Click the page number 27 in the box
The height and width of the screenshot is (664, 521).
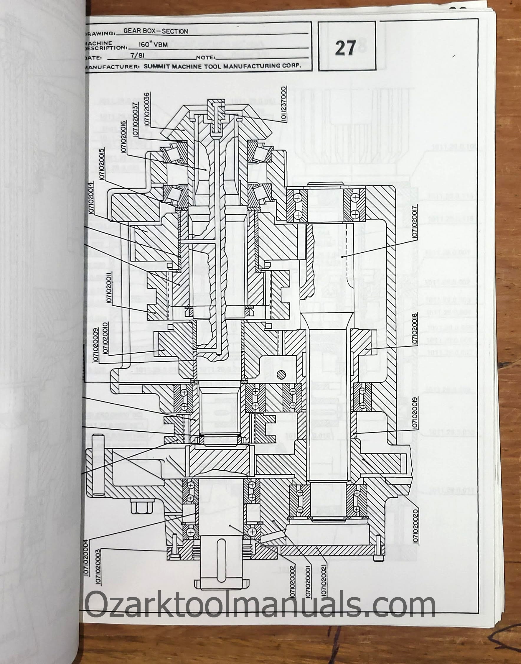pyautogui.click(x=345, y=48)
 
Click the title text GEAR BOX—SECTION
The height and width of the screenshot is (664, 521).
pyautogui.click(x=156, y=31)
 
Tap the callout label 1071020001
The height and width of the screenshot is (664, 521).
pyautogui.click(x=308, y=581)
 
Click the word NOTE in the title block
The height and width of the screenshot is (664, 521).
pyautogui.click(x=206, y=57)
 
